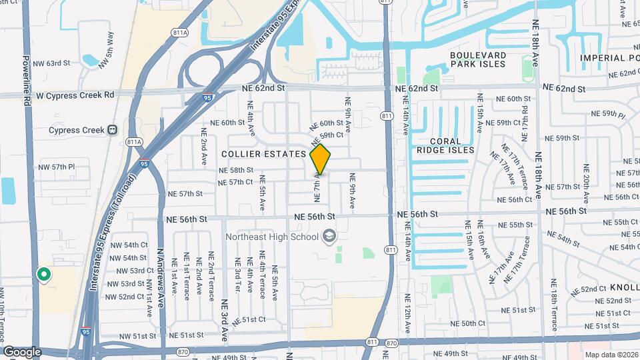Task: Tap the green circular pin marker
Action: pos(44,274)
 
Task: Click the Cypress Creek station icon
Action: pos(112,130)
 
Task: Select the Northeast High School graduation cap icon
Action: pos(329,235)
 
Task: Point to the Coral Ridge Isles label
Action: pos(452,145)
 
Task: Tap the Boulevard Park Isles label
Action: pos(477,59)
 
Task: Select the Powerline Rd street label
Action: pos(28,81)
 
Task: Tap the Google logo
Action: pos(22,351)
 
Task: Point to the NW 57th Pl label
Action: pos(57,167)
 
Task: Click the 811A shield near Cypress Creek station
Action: pos(134,142)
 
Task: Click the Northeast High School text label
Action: pos(271,236)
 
